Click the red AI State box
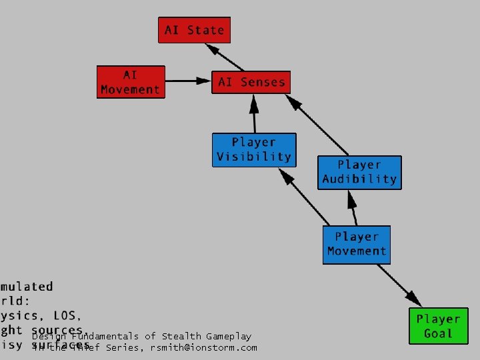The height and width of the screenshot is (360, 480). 194,30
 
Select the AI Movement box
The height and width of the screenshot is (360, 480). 130,82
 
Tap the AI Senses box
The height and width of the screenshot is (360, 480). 251,82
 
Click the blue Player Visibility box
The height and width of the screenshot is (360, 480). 253,149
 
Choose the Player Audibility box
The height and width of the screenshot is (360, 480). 359,172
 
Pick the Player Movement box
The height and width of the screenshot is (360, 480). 356,244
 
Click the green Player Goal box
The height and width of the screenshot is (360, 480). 438,326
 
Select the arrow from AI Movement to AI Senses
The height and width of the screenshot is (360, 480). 187,81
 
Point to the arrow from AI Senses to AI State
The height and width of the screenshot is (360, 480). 225,57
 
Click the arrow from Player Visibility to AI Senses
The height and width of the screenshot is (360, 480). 254,114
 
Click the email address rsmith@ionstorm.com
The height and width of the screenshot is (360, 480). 203,347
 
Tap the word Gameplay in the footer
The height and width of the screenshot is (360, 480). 229,337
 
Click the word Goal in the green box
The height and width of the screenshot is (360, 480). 438,333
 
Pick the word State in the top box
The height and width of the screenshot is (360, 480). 206,30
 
